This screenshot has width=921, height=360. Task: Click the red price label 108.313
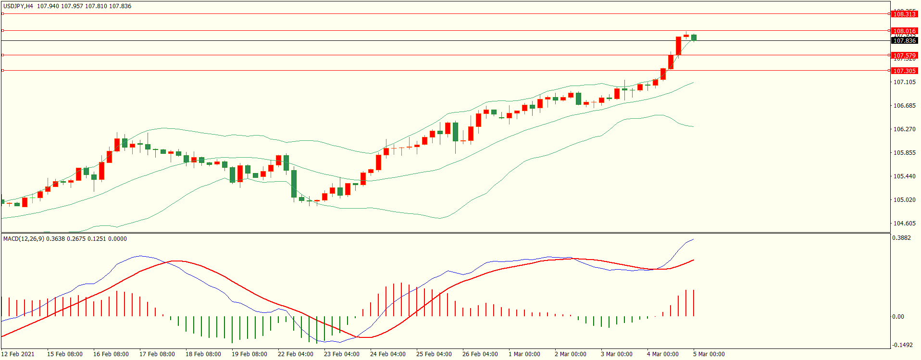[904, 14]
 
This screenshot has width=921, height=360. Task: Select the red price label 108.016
[904, 31]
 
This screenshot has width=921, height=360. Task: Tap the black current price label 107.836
[904, 41]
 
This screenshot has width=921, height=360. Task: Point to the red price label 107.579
[904, 55]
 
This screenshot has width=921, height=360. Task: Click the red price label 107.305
[904, 71]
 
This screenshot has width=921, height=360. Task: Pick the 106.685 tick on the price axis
[904, 106]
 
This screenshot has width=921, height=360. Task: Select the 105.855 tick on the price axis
[904, 153]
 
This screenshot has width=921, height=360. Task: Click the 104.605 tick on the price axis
[904, 223]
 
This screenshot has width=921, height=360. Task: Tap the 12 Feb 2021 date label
[18, 354]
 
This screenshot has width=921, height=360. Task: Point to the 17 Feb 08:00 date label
[157, 354]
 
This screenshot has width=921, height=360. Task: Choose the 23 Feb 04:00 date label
[342, 354]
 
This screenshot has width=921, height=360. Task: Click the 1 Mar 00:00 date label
[524, 354]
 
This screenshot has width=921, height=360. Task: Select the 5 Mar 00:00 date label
[709, 354]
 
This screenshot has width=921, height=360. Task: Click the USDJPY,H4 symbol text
[18, 6]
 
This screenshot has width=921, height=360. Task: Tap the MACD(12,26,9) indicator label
[24, 239]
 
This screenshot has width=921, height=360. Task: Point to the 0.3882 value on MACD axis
[901, 238]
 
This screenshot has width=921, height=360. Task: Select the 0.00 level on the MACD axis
[898, 317]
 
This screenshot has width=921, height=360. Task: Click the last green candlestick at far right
[694, 37]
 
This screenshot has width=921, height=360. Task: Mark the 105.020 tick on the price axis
[904, 200]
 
